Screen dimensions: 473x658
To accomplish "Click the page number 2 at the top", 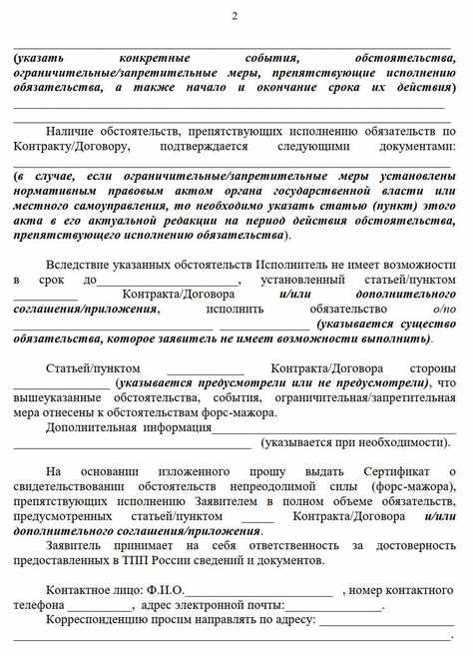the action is (x=236, y=14).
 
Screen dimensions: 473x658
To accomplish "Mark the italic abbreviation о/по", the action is (x=444, y=309).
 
